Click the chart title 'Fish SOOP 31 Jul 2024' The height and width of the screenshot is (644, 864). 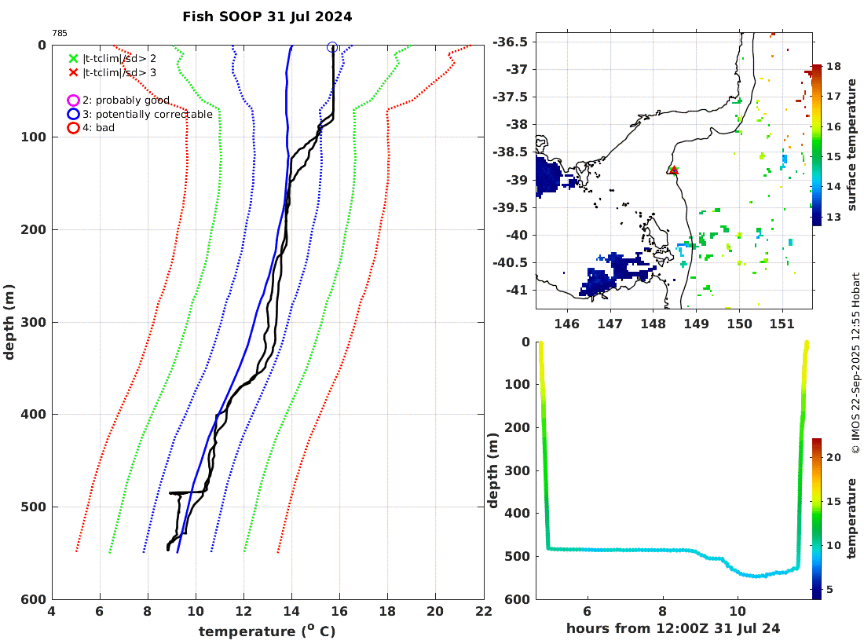[267, 16]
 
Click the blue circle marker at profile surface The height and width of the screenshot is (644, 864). [332, 47]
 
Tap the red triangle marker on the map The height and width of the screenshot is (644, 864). [673, 170]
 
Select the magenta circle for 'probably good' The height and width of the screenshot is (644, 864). [73, 101]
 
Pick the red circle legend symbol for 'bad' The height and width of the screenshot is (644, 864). [73, 127]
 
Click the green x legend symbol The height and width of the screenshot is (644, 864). [73, 58]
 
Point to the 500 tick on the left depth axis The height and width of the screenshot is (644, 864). [35, 507]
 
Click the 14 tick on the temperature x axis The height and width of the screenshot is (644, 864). [291, 613]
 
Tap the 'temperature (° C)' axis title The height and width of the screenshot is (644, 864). [267, 631]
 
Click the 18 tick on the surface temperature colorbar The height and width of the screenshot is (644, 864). [834, 68]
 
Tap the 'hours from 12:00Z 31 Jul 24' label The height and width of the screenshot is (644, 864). [673, 628]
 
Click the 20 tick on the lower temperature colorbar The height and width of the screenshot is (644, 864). [834, 456]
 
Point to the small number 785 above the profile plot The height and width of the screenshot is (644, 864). [60, 33]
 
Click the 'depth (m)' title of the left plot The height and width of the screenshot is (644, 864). [10, 322]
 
